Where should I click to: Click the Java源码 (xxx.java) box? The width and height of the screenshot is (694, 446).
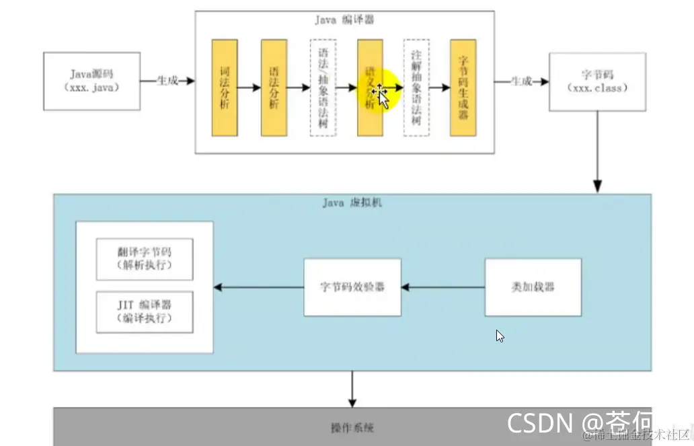click(92, 81)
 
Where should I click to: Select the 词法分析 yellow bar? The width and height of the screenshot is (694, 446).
click(224, 87)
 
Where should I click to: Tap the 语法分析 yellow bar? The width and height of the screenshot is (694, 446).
click(274, 87)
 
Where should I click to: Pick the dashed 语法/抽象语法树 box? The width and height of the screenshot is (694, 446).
click(323, 87)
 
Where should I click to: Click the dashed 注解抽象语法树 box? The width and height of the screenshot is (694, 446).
click(416, 87)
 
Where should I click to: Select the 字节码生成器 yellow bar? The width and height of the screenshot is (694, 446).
click(463, 87)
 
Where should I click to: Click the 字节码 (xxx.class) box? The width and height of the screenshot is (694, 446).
click(597, 81)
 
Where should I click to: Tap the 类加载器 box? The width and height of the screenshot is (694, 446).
click(533, 287)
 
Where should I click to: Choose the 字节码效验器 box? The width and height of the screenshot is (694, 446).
click(352, 287)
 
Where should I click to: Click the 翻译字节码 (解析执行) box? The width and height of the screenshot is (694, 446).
click(145, 259)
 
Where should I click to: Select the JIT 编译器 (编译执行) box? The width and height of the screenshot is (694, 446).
click(145, 312)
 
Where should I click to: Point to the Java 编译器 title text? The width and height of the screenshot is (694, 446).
click(344, 20)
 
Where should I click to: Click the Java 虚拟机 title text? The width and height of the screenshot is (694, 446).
click(351, 202)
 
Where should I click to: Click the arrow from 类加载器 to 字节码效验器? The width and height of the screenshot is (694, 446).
click(443, 287)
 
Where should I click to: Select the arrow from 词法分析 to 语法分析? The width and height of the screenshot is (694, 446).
click(249, 87)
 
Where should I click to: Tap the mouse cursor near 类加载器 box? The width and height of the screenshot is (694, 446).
click(500, 336)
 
